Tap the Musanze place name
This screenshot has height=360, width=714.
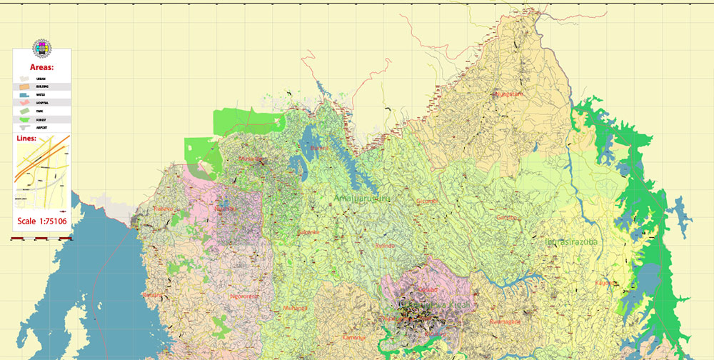click(251, 159)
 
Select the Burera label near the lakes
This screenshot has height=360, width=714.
click(320, 148)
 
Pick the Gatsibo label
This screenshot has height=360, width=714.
click(506, 217)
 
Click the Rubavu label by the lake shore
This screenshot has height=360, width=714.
click(164, 209)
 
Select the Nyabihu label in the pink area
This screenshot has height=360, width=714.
click(223, 209)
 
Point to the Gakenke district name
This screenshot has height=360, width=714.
click(308, 232)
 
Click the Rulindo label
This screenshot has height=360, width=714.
click(384, 246)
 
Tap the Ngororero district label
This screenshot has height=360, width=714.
click(244, 295)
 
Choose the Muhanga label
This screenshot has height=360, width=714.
click(294, 308)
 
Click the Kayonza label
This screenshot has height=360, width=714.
click(604, 283)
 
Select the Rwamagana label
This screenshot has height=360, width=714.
click(505, 321)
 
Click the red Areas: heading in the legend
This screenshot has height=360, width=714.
click(41, 66)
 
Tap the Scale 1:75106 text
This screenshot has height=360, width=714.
click(41, 221)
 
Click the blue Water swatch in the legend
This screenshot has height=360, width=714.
click(24, 94)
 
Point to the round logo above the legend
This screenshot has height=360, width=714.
click(41, 49)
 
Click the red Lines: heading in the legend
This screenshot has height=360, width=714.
click(29, 139)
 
